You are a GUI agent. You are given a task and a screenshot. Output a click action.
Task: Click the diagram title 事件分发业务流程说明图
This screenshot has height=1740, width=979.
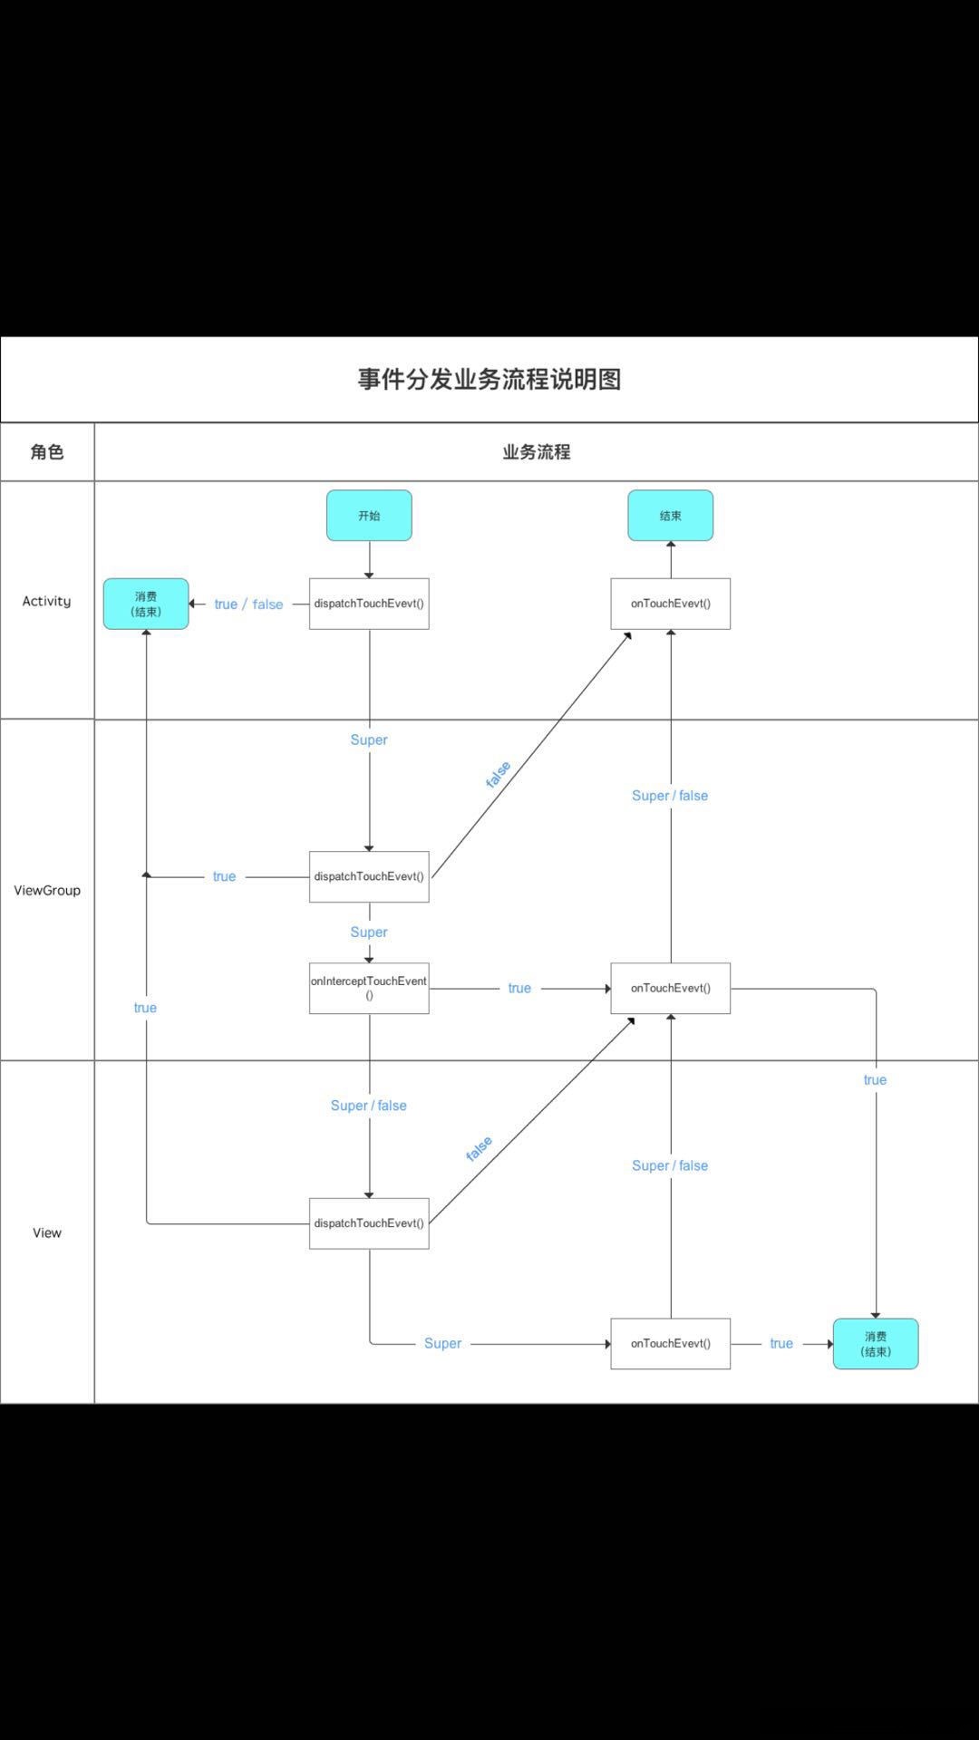point(489,379)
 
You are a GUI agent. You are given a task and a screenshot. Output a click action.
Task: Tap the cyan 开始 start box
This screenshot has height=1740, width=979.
point(369,516)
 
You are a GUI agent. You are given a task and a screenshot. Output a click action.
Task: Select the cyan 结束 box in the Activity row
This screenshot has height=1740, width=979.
point(670,516)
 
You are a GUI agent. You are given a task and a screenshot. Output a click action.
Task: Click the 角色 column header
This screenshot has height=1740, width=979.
point(47,451)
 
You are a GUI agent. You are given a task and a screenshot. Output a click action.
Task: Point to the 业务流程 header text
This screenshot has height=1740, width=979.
point(536,451)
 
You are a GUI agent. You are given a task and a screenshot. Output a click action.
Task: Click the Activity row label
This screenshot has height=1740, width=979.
point(46,601)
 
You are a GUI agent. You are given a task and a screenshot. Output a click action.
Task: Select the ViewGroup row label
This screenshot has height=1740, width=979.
point(47,890)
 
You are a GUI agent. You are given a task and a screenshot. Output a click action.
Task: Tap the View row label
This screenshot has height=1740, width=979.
point(47,1232)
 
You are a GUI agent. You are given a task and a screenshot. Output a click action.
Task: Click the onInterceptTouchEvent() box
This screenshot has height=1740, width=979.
point(369,988)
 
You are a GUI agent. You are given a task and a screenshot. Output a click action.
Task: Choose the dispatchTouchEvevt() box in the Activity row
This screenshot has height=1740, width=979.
point(369,604)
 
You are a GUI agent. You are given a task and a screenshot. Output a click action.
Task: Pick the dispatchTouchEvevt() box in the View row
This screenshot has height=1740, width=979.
point(369,1223)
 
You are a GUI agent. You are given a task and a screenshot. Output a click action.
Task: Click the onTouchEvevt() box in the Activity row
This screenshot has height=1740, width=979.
point(670,604)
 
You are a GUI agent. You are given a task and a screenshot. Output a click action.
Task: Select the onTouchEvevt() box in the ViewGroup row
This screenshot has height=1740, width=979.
point(670,988)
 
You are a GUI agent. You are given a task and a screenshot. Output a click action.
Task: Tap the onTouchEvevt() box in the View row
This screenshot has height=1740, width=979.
point(670,1343)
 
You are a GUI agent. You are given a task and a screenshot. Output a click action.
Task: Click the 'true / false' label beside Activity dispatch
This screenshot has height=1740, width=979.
point(248,604)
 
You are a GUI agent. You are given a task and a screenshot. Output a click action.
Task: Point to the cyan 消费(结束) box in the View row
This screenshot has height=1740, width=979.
point(875,1343)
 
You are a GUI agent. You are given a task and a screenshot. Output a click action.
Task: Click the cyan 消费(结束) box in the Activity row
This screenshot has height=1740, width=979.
point(146,604)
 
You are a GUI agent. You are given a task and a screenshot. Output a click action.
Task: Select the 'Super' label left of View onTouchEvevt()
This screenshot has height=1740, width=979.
point(442,1343)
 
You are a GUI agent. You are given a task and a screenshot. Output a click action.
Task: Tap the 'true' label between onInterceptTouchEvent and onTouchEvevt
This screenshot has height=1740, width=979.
point(519,988)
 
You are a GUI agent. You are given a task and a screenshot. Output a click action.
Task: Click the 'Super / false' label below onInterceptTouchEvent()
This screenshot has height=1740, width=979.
point(368,1106)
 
